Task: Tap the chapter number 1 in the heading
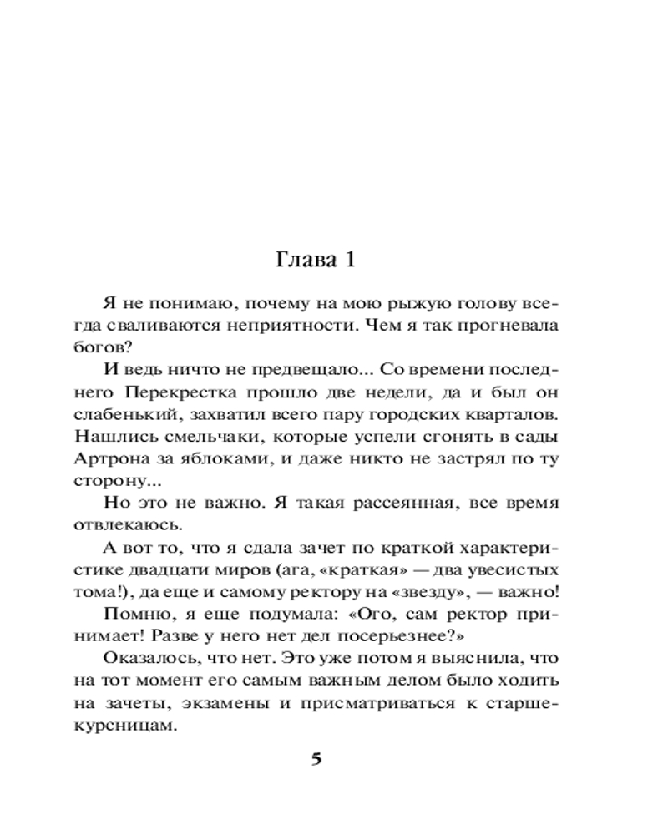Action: pos(350,260)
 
